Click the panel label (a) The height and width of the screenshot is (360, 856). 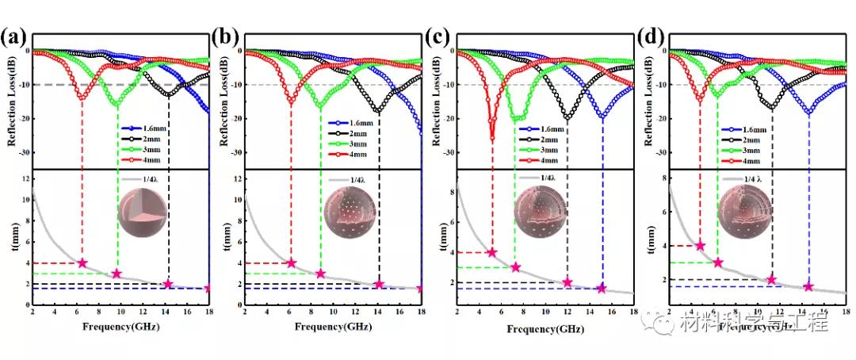(15, 36)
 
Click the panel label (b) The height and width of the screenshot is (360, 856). (227, 36)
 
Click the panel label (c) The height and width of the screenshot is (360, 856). (441, 36)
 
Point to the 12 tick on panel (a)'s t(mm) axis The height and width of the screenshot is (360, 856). (25, 178)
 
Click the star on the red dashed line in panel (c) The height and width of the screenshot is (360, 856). (492, 252)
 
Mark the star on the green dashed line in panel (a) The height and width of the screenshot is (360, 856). (117, 274)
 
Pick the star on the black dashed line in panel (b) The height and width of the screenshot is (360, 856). (379, 284)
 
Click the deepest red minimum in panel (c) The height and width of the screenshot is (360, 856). (492, 138)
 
